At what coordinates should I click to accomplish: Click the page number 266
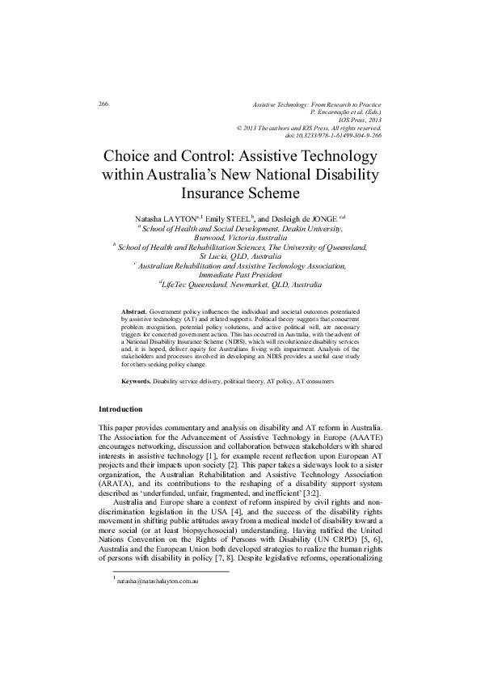pos(103,105)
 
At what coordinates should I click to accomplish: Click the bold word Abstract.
pos(133,311)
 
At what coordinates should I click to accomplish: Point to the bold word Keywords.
pos(135,379)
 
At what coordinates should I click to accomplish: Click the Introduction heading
pos(120,408)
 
